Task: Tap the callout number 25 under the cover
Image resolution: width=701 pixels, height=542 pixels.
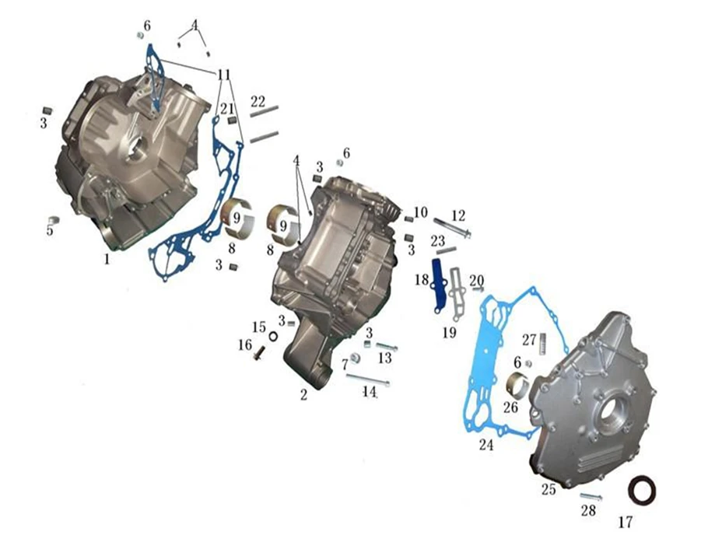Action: coord(549,489)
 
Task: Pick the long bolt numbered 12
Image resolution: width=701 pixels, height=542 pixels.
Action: coord(452,227)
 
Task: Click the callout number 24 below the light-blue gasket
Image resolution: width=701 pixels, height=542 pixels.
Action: coord(486,445)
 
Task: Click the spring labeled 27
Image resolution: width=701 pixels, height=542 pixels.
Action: coord(543,344)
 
